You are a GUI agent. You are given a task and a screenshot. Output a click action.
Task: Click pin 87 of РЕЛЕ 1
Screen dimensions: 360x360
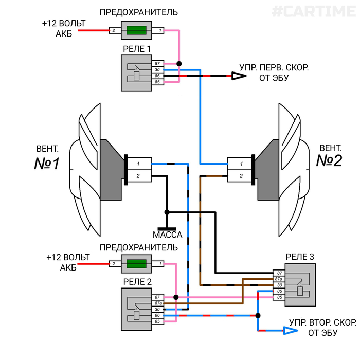point(157,63)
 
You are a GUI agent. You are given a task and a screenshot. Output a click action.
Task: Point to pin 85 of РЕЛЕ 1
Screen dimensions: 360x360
point(157,82)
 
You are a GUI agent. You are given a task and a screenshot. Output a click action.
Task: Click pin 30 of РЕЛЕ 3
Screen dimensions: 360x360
point(280,285)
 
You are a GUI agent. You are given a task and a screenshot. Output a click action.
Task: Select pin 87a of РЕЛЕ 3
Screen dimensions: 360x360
point(280,279)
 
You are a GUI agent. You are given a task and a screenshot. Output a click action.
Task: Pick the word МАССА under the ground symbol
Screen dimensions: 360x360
point(168,235)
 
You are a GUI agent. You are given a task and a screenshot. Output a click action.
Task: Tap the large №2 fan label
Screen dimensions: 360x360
point(329,161)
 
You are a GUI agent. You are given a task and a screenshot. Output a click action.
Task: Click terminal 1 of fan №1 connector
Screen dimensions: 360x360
point(138,164)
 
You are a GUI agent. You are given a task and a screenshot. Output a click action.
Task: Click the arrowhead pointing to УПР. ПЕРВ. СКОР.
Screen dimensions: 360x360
point(238,76)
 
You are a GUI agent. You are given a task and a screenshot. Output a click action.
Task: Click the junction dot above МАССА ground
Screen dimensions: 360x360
point(166,212)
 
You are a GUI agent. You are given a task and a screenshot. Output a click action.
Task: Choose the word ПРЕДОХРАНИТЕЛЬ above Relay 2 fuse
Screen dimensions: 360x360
point(139,247)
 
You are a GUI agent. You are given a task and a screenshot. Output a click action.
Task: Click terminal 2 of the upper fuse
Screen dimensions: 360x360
point(113,31)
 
